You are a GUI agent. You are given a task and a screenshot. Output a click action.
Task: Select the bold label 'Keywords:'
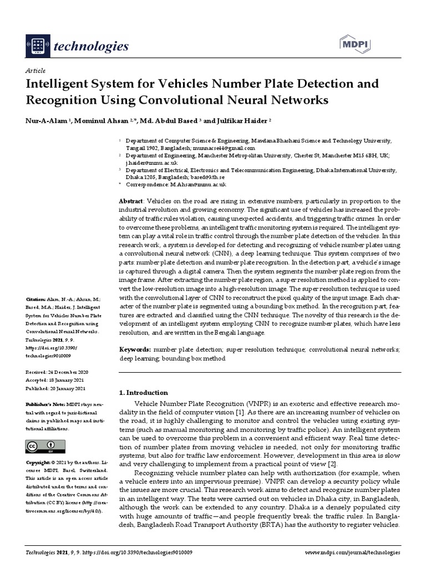coord(135,351)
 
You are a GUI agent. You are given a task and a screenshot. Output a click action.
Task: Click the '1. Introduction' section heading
coord(144,392)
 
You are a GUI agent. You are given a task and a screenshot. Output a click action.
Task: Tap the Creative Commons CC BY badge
coord(45,446)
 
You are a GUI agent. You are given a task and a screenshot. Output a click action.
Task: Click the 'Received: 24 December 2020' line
coord(57,372)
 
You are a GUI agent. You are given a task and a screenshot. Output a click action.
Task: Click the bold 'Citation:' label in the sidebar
coord(35,297)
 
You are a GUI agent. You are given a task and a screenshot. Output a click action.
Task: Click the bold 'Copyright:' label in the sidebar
coord(38,462)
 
